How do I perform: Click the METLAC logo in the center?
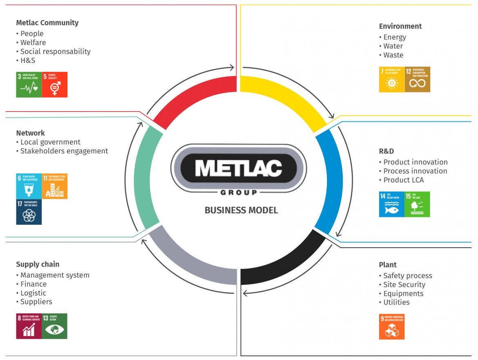coord(239,168)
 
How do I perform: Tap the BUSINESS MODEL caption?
coord(241,210)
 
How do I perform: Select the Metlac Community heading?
coord(47,22)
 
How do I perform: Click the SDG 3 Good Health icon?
coord(29,85)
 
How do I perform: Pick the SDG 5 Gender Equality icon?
coord(55,85)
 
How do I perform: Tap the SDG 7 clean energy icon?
coord(392,79)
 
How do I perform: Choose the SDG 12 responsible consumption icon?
coord(418,79)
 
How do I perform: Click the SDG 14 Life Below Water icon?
coord(392,204)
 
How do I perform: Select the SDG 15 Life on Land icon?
coord(418,204)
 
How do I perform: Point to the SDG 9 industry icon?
coord(392,326)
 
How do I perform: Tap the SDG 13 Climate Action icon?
coord(55,326)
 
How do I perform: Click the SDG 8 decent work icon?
coord(29,326)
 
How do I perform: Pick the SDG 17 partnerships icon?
coord(29,212)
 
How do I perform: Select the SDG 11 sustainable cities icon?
coord(55,186)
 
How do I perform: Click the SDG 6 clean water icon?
coord(29,186)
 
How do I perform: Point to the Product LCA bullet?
coord(404,180)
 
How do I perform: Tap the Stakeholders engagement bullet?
coord(64,151)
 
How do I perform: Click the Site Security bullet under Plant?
coord(404,284)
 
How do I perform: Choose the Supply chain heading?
coord(38,264)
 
